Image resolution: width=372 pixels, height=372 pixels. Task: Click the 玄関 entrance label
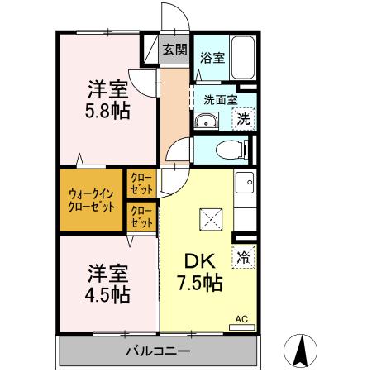174,49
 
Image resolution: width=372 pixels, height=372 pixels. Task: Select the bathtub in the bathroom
243,57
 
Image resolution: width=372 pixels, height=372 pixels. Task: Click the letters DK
198,261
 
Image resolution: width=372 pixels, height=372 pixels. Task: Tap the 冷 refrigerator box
244,257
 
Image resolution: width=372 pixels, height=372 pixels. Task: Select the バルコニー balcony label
158,351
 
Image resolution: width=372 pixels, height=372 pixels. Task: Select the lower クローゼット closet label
141,217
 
